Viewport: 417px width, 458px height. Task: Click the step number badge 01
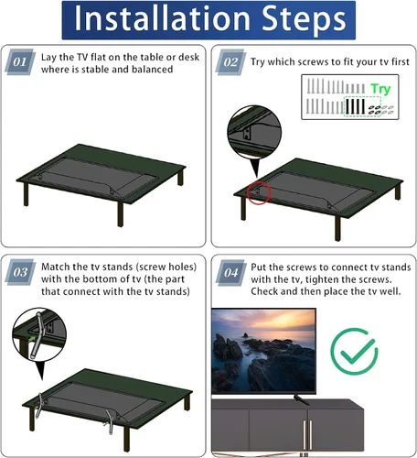tap(20, 62)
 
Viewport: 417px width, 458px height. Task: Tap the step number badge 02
tap(230, 62)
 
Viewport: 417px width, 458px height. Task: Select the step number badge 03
tap(20, 272)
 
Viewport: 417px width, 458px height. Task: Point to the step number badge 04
tap(231, 273)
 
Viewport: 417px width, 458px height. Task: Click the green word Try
tap(380, 89)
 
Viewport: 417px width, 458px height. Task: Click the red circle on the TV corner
tap(259, 192)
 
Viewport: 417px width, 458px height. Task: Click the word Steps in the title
tap(304, 20)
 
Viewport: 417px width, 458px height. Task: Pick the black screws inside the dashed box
tap(355, 106)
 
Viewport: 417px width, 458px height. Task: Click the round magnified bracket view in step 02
tap(254, 133)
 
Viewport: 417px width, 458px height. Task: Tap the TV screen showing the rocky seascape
tap(263, 351)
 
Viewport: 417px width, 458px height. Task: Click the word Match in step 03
tap(56, 267)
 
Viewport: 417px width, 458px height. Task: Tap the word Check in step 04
tap(264, 291)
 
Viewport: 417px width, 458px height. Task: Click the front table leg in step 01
tap(121, 213)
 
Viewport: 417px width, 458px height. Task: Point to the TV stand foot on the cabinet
tap(301, 399)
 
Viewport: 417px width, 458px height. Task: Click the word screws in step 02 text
tap(314, 62)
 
